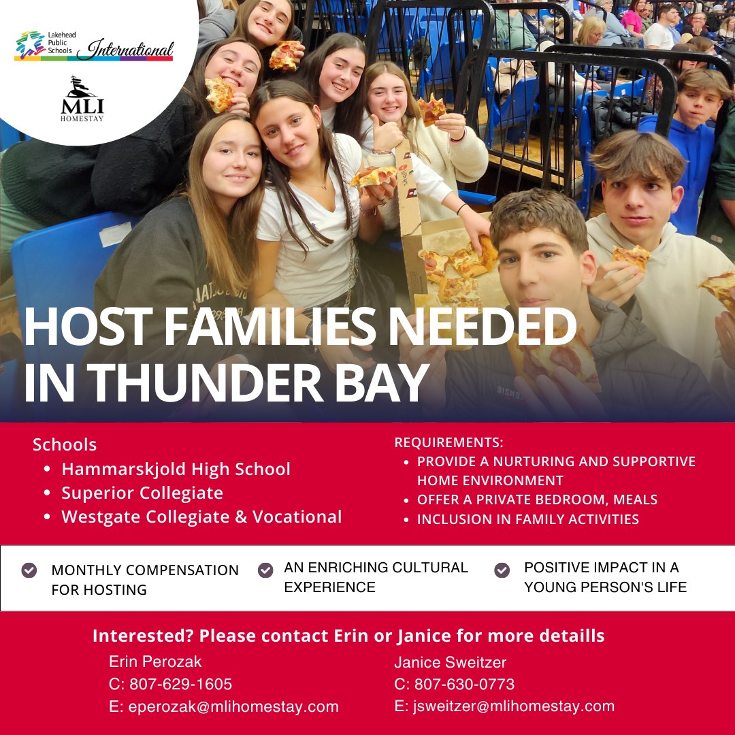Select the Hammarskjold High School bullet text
(x=176, y=470)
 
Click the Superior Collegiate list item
(x=142, y=493)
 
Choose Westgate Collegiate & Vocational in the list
(x=201, y=517)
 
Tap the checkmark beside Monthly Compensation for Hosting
(x=29, y=570)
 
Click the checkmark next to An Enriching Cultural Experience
(x=265, y=570)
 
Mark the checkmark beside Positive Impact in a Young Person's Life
(x=502, y=570)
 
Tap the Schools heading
(x=65, y=445)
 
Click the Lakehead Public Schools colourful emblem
(x=31, y=45)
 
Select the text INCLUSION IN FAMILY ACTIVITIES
(x=528, y=519)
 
